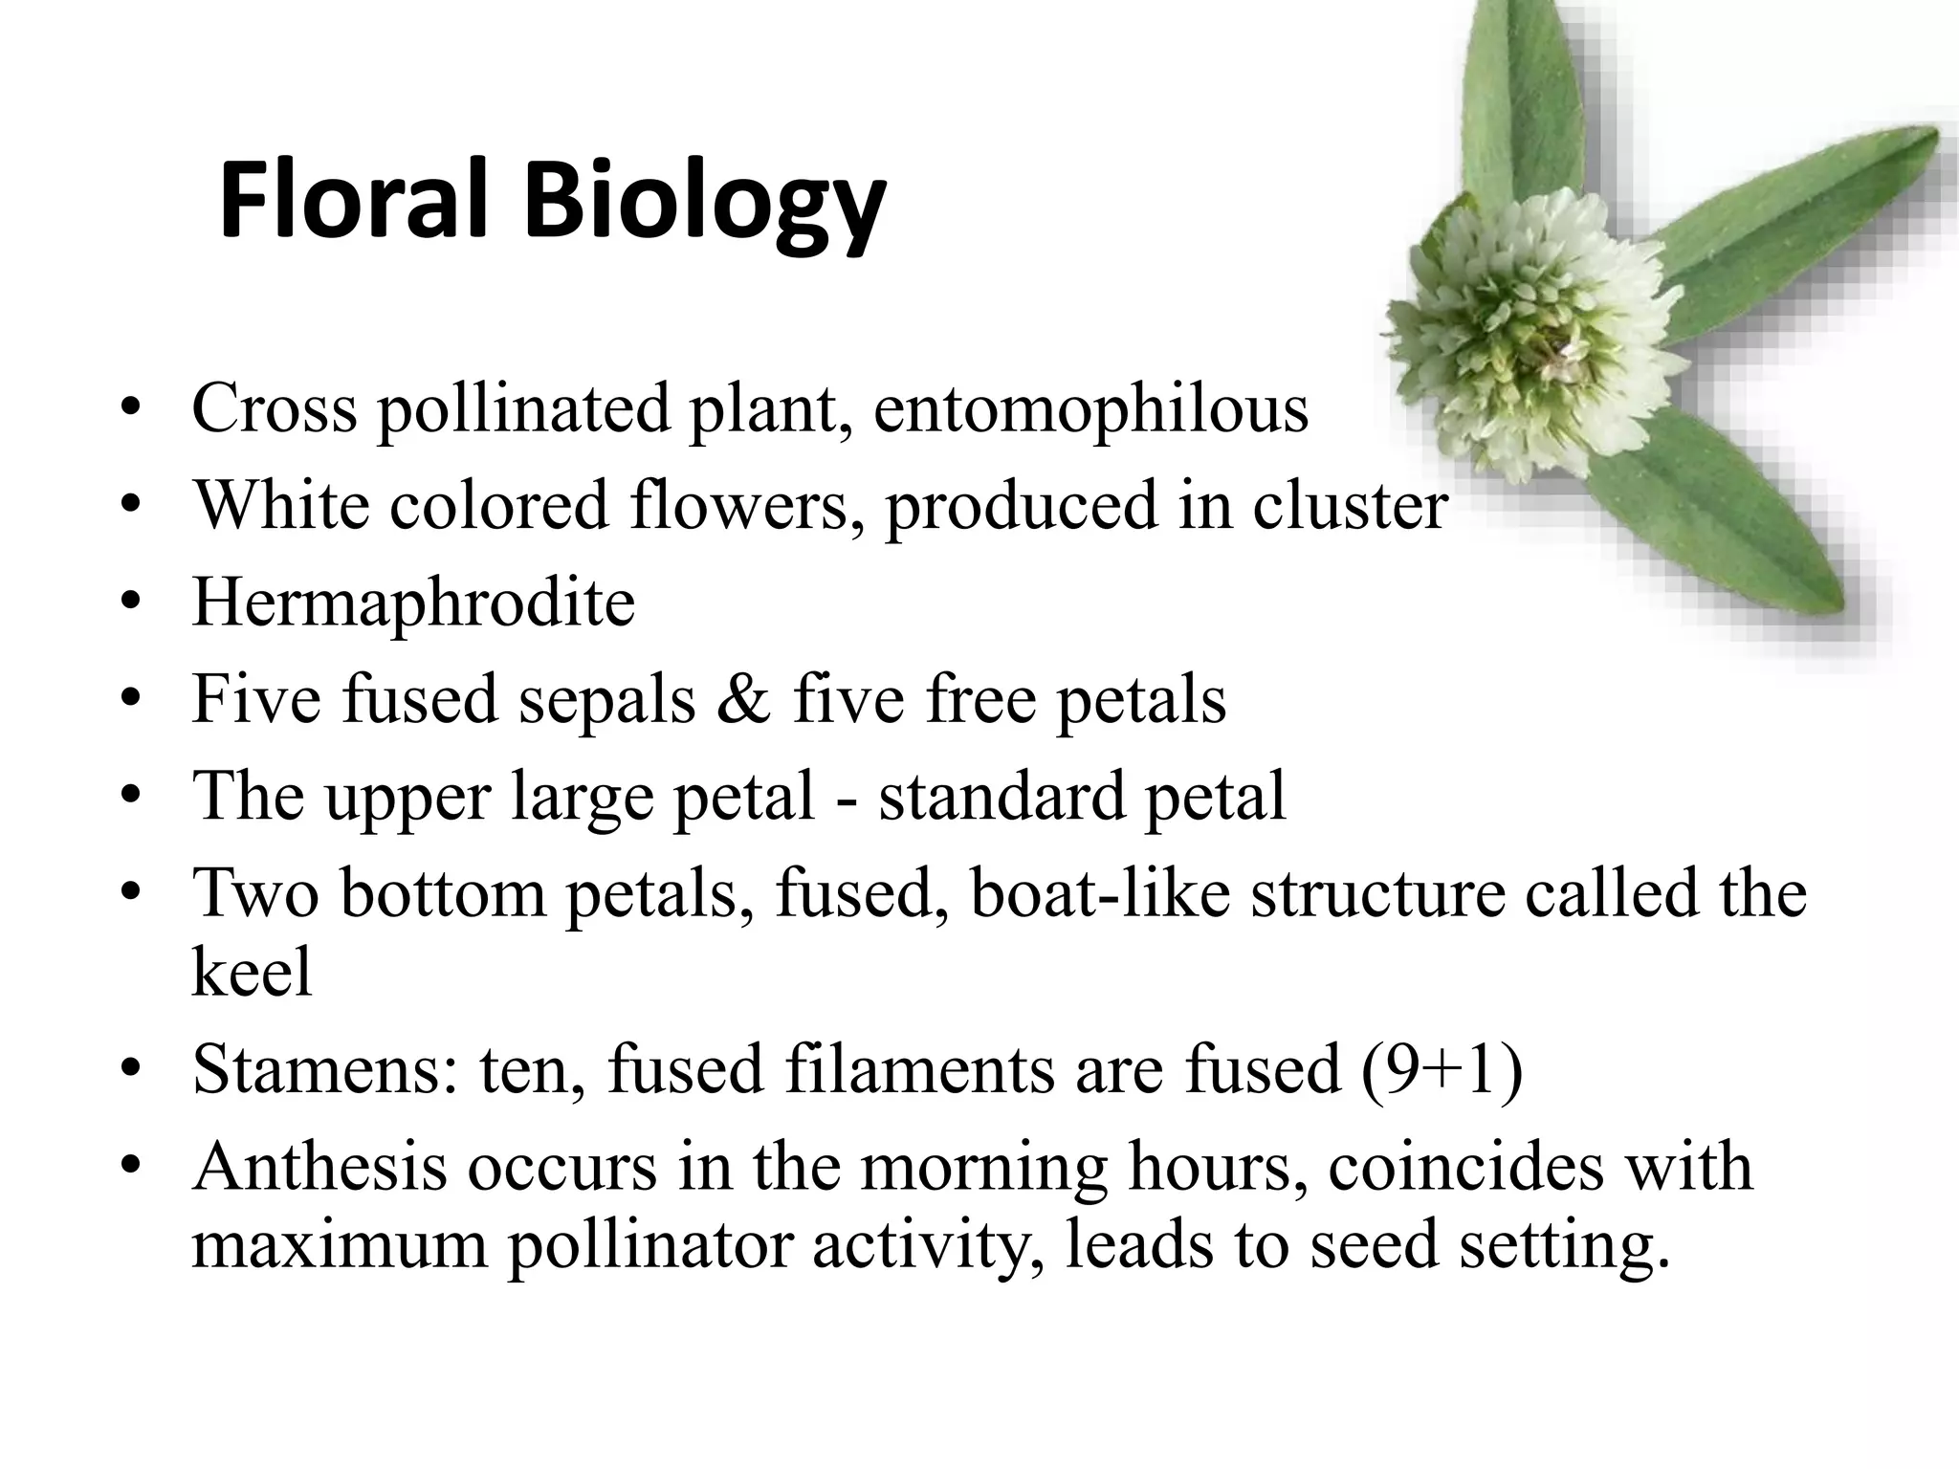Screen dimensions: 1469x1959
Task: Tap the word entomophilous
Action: pyautogui.click(x=1090, y=408)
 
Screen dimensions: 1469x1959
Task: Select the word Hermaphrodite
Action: pyautogui.click(x=413, y=603)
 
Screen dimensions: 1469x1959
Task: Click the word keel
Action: pyautogui.click(x=252, y=972)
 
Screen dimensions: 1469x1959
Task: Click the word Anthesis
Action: pyautogui.click(x=319, y=1167)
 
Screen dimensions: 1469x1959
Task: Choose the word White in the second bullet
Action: pyautogui.click(x=281, y=505)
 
